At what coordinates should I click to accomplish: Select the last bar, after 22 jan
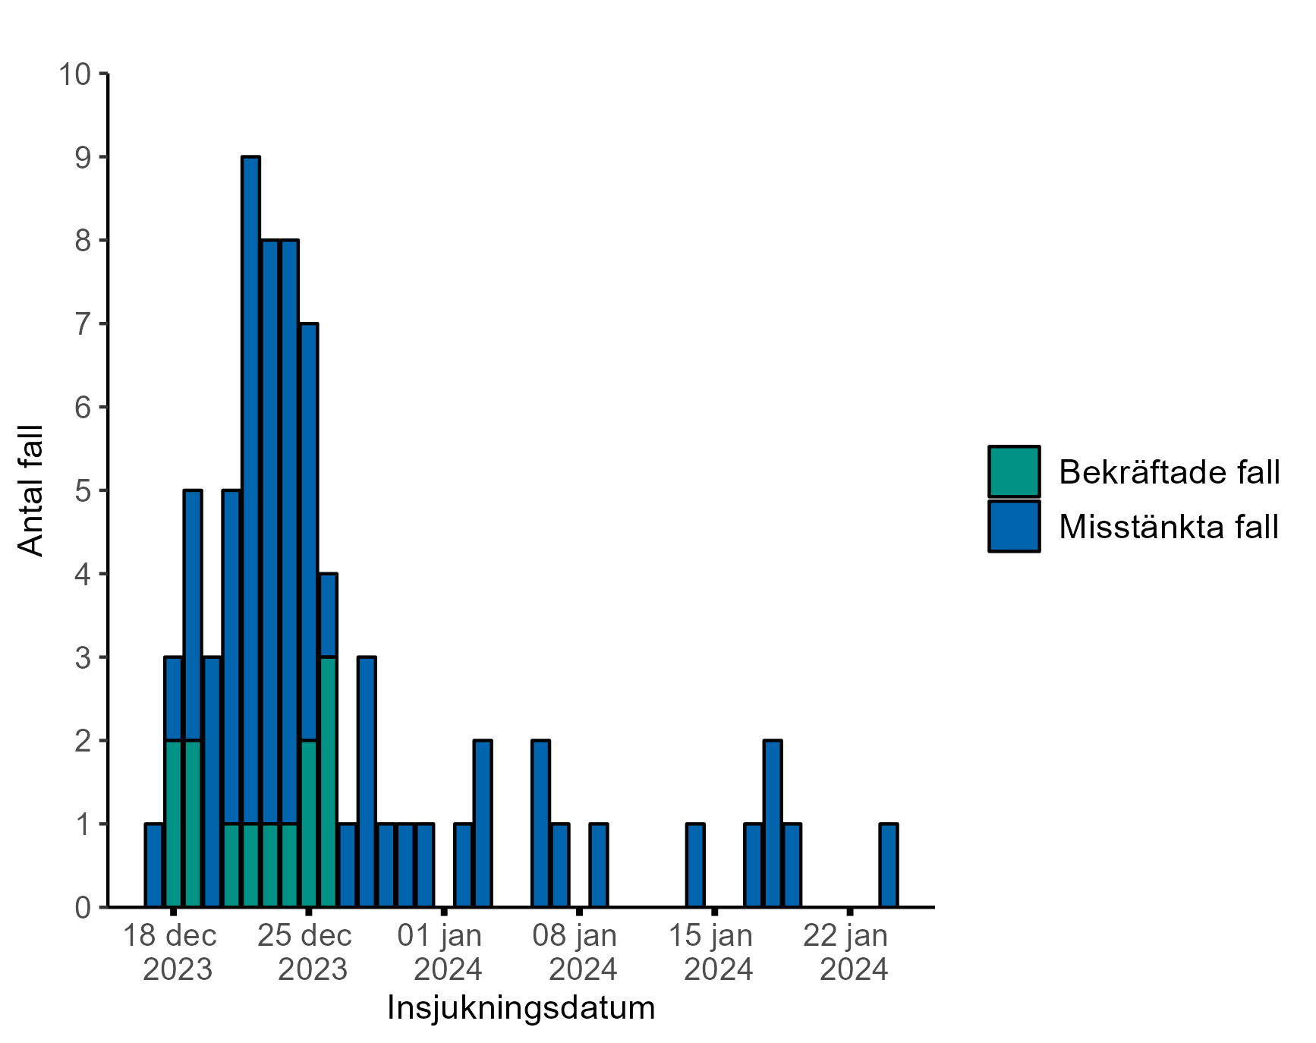[x=888, y=865]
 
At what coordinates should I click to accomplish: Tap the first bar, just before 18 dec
[x=154, y=865]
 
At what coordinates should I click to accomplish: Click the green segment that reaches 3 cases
[x=328, y=781]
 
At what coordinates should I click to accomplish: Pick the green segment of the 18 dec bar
[x=173, y=823]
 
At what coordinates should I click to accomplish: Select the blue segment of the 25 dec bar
[x=309, y=531]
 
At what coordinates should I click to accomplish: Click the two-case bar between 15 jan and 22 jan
[x=773, y=823]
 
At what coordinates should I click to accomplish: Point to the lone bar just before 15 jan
[x=695, y=865]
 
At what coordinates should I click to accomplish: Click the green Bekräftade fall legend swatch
[x=1014, y=471]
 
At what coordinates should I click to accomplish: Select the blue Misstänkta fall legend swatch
[x=1014, y=526]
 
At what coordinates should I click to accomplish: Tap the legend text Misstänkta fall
[x=1169, y=527]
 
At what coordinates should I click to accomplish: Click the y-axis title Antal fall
[x=30, y=490]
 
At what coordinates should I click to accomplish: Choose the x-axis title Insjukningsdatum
[x=521, y=1008]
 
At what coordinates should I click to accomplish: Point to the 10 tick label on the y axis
[x=74, y=74]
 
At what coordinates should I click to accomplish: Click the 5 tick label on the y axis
[x=83, y=491]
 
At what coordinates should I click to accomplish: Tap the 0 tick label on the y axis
[x=83, y=907]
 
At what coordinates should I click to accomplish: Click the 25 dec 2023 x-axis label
[x=306, y=952]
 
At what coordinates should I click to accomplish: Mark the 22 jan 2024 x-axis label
[x=847, y=952]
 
